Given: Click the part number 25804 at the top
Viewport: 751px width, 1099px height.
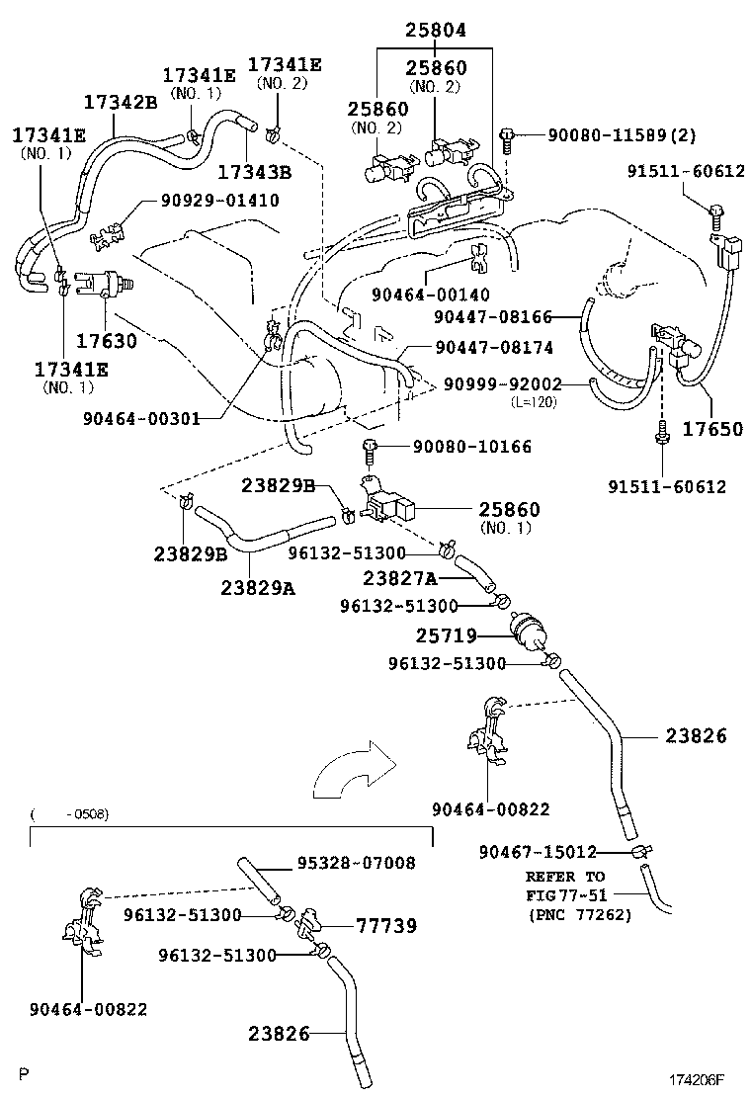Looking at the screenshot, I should click(434, 32).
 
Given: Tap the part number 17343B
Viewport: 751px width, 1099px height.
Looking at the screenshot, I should click(254, 172).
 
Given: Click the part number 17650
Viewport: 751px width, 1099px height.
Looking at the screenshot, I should click(710, 429).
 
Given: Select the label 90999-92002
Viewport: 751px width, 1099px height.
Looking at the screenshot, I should click(502, 383).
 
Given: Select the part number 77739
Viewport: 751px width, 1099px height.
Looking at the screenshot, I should click(386, 926).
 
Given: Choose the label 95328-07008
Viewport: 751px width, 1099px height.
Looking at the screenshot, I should click(356, 863).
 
